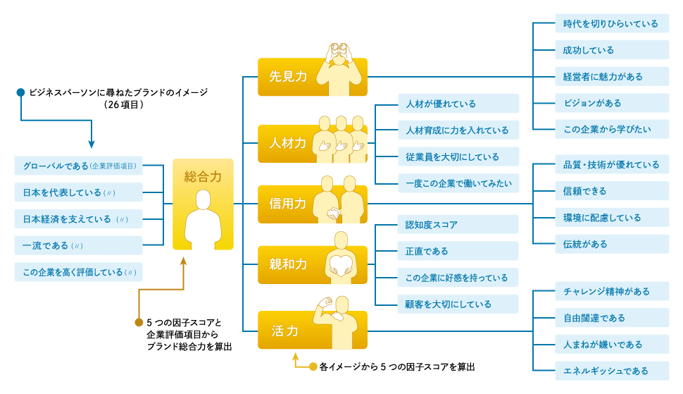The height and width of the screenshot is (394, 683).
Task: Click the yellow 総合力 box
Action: pyautogui.click(x=203, y=204)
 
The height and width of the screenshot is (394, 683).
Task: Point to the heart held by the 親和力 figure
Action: pyautogui.click(x=341, y=264)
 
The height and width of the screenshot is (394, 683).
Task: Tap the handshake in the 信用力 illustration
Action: pyautogui.click(x=335, y=213)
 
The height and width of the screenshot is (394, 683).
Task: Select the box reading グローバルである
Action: pyautogui.click(x=78, y=166)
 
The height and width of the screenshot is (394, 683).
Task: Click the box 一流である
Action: pyautogui.click(x=78, y=245)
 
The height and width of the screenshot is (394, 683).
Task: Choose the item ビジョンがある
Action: pyautogui.click(x=611, y=103)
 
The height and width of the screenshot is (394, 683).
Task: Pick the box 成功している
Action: pyautogui.click(x=611, y=50)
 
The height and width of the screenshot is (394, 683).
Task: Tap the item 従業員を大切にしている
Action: pyautogui.click(x=458, y=156)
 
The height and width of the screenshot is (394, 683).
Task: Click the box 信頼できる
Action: pyautogui.click(x=611, y=191)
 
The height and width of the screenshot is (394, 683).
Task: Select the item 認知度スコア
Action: pyautogui.click(x=458, y=225)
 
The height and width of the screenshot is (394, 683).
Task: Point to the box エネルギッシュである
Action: pyautogui.click(x=611, y=370)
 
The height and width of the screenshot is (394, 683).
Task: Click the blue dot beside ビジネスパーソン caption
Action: pyautogui.click(x=21, y=92)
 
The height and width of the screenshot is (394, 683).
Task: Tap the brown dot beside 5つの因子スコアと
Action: pyautogui.click(x=139, y=323)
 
